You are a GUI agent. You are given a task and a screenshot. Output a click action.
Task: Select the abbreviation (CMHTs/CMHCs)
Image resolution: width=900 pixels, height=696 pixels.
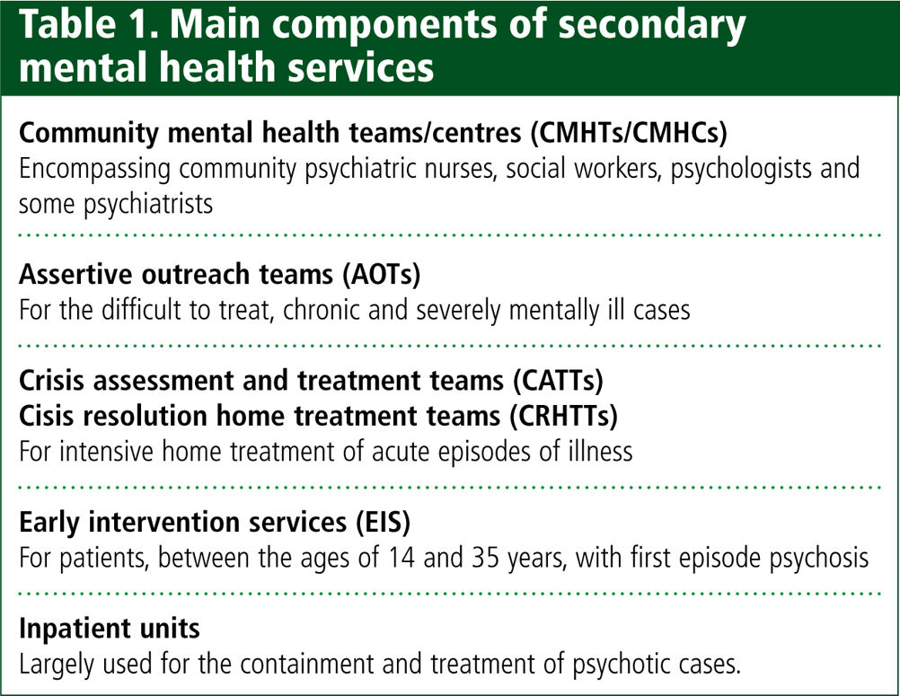coord(629,133)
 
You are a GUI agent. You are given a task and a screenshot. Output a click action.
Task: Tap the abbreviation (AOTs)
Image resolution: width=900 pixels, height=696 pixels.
coord(382,274)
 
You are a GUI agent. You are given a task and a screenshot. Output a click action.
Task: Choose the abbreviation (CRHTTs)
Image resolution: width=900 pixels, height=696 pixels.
coord(564,416)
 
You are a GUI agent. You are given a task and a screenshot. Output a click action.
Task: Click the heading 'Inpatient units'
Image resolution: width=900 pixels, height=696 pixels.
coord(109,629)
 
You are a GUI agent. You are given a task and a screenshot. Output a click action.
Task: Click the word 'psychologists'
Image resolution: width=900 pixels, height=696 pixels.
coord(741,169)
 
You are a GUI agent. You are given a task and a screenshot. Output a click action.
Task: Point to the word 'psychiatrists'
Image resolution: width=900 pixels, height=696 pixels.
coord(148,205)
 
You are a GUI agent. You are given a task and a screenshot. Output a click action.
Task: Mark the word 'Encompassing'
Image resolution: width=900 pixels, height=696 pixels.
coord(94,169)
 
